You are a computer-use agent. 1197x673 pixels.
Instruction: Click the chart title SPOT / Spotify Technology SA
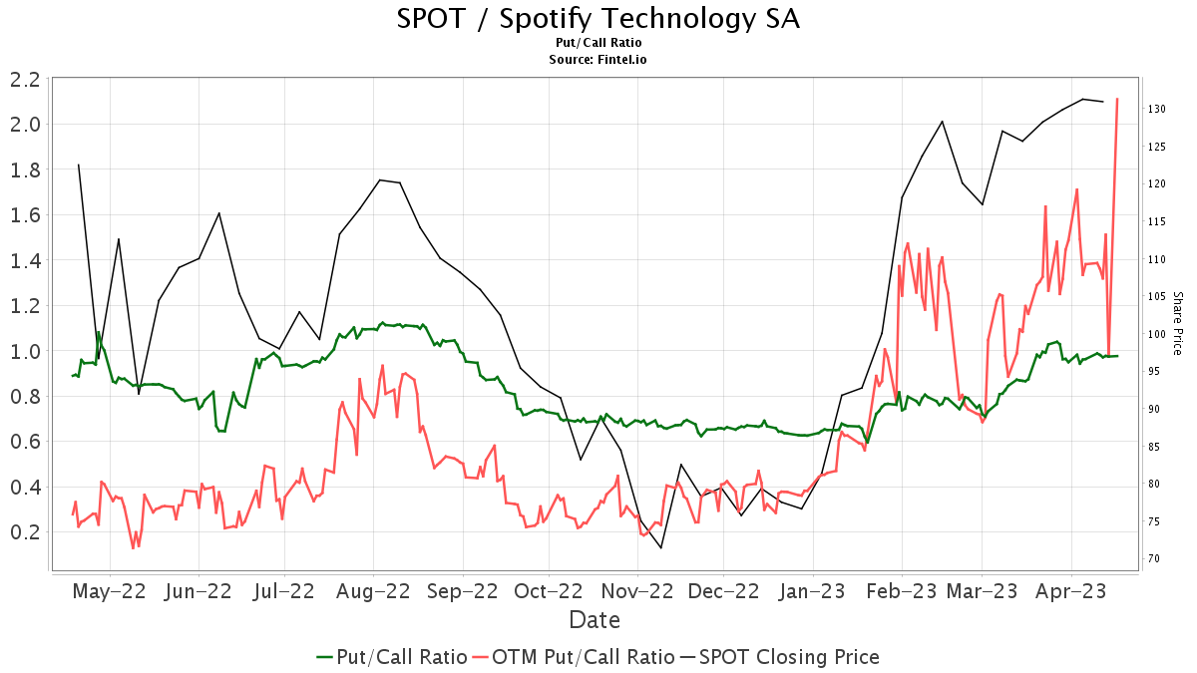598,18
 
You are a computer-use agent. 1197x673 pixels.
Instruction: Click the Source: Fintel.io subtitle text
598,59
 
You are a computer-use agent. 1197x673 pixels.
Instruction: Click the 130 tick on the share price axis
1156,109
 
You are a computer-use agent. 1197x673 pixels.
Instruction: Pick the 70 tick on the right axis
1153,558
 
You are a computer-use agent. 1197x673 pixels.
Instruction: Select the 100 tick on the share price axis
1156,334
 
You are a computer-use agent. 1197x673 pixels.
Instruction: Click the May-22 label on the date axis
110,590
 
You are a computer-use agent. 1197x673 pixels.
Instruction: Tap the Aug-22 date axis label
373,590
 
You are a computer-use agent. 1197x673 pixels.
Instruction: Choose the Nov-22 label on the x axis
640,590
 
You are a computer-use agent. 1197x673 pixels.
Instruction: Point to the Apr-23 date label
1070,590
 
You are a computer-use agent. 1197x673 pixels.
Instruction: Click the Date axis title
595,620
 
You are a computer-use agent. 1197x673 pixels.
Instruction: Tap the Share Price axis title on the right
1177,323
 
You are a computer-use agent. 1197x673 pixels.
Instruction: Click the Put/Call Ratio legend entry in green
392,657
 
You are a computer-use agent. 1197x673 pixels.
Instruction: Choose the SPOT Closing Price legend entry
779,657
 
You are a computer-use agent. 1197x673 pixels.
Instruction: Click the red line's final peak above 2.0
1117,99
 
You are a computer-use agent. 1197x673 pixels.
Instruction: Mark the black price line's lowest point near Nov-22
660,547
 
